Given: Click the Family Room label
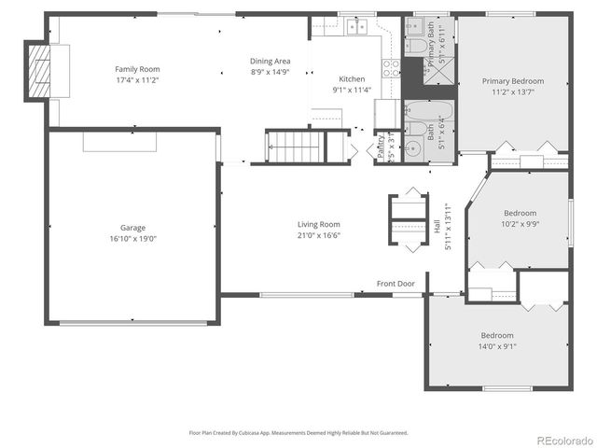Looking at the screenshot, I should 137,69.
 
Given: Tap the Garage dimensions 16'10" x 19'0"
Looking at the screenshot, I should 132,239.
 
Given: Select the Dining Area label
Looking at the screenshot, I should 270,62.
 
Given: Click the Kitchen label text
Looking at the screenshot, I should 352,79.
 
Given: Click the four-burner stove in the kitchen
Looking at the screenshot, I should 393,68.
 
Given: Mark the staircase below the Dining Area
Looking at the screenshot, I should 293,147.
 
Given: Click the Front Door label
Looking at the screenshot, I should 396,284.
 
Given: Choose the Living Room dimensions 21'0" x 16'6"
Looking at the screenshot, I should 318,235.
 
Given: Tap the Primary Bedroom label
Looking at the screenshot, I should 512,81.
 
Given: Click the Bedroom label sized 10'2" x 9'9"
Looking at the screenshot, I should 521,213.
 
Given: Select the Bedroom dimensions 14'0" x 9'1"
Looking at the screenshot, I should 498,346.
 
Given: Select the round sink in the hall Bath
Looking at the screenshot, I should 414,147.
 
